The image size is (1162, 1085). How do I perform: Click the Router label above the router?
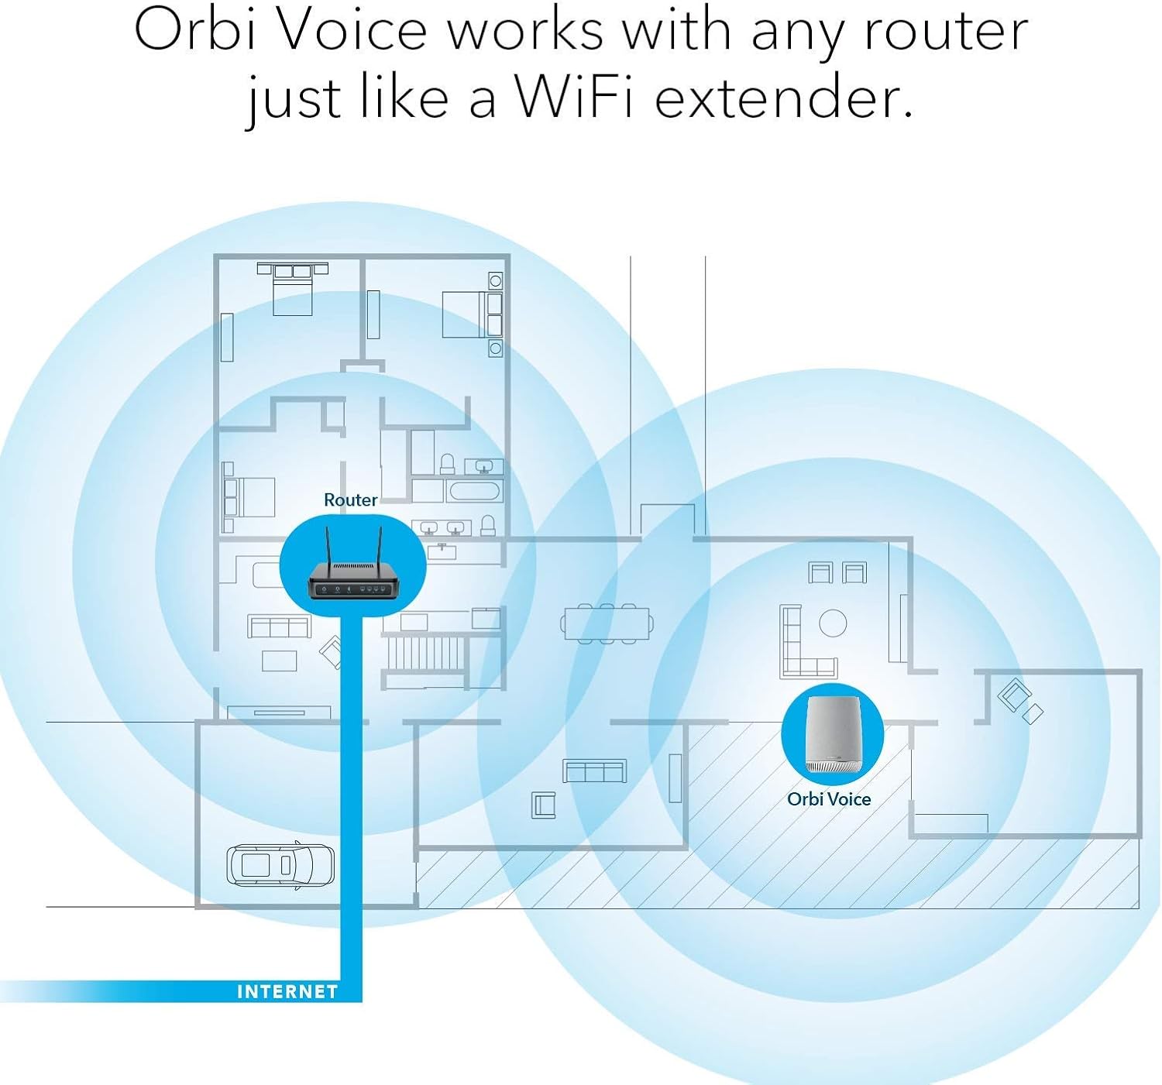350,500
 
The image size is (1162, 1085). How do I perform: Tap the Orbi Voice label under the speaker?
829,799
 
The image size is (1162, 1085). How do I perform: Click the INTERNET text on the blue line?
287,992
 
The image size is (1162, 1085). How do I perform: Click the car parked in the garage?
280,864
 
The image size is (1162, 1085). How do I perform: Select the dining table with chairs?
607,623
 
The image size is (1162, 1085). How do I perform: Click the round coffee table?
833,623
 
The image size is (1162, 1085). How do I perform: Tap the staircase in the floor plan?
424,651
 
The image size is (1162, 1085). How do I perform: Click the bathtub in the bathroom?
474,492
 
